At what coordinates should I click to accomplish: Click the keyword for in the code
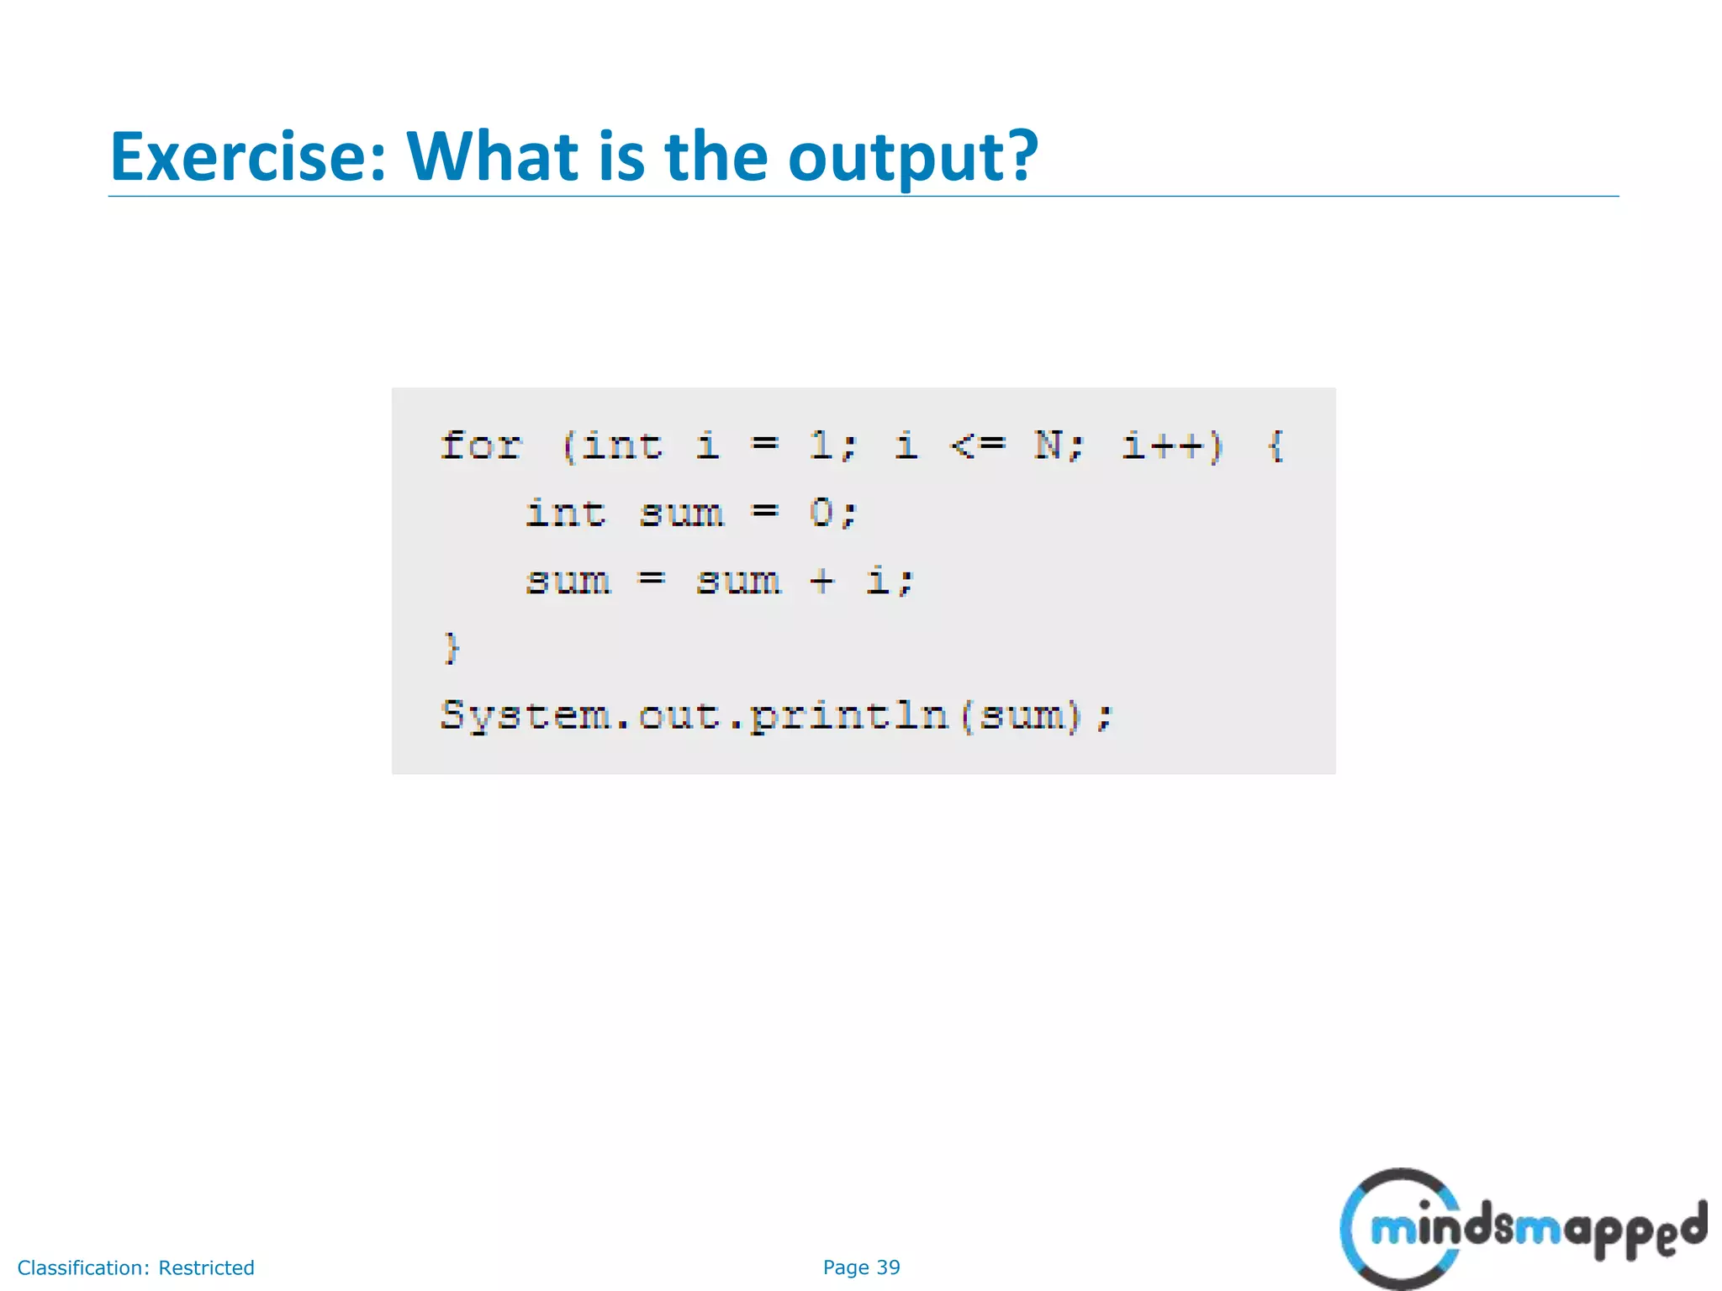pyautogui.click(x=481, y=445)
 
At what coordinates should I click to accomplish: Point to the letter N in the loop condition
pyautogui.click(x=1049, y=445)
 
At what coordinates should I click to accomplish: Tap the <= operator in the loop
pyautogui.click(x=977, y=445)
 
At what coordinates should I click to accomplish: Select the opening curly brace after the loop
pyautogui.click(x=1275, y=445)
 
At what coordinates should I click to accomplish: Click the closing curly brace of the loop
pyautogui.click(x=452, y=648)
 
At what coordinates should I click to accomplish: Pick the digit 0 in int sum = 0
pyautogui.click(x=821, y=513)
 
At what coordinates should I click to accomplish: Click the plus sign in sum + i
pyautogui.click(x=821, y=581)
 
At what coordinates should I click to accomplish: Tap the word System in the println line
pyautogui.click(x=525, y=716)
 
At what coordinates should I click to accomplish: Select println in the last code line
pyautogui.click(x=848, y=716)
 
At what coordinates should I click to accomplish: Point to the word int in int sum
pyautogui.click(x=565, y=513)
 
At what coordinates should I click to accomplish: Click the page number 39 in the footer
pyautogui.click(x=888, y=1267)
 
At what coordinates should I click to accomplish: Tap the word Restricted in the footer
pyautogui.click(x=206, y=1267)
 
